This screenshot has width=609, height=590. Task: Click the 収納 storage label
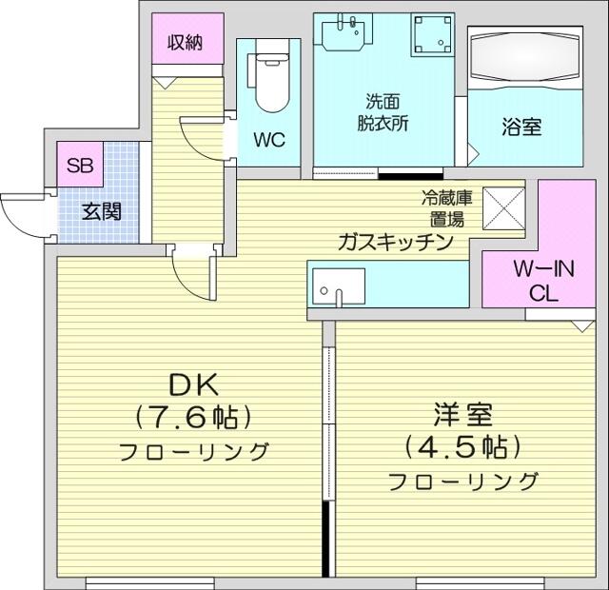pyautogui.click(x=186, y=43)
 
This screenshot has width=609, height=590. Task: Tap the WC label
pyautogui.click(x=269, y=140)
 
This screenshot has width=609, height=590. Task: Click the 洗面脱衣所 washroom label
pyautogui.click(x=383, y=112)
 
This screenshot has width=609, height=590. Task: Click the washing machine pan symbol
pyautogui.click(x=434, y=35)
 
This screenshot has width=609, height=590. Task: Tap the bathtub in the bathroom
pyautogui.click(x=526, y=59)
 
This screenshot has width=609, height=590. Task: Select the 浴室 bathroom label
pyautogui.click(x=521, y=127)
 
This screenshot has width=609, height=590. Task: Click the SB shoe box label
pyautogui.click(x=80, y=166)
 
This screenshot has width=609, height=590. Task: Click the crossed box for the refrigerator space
pyautogui.click(x=503, y=208)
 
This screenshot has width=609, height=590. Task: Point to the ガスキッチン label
pyautogui.click(x=396, y=242)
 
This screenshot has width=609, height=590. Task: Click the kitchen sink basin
pyautogui.click(x=339, y=286)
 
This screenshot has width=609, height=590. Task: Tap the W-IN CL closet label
pyautogui.click(x=543, y=281)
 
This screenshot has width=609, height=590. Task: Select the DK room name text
pyautogui.click(x=194, y=384)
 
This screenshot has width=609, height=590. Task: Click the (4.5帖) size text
pyautogui.click(x=462, y=447)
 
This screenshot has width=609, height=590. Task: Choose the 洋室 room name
pyautogui.click(x=463, y=415)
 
